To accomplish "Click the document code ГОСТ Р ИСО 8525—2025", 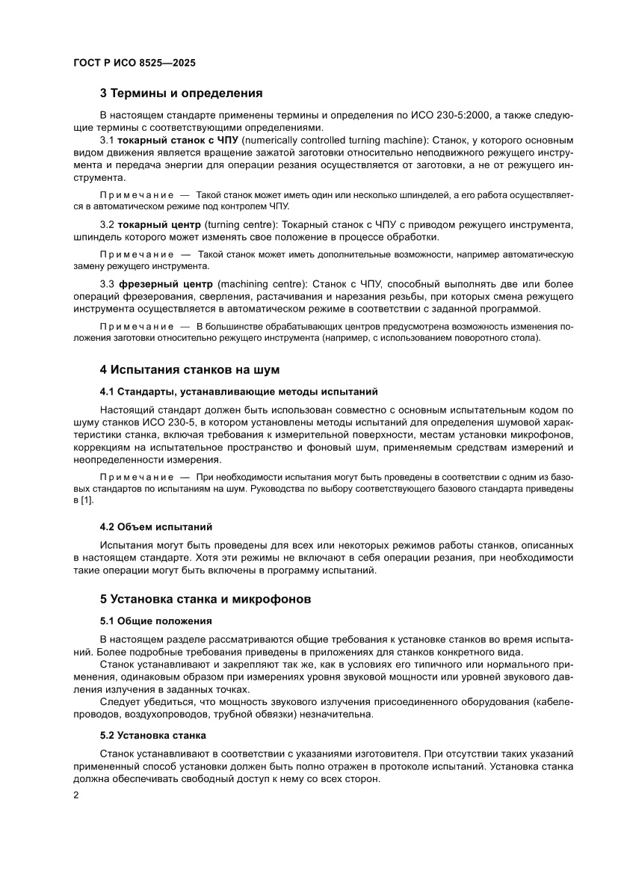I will click(x=135, y=64).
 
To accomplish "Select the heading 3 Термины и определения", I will click(x=182, y=93).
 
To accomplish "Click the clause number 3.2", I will click(x=107, y=225).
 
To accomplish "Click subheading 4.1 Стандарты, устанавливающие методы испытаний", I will click(x=239, y=391).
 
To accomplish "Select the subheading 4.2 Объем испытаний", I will click(x=156, y=526).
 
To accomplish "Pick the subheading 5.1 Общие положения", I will click(x=156, y=621).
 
